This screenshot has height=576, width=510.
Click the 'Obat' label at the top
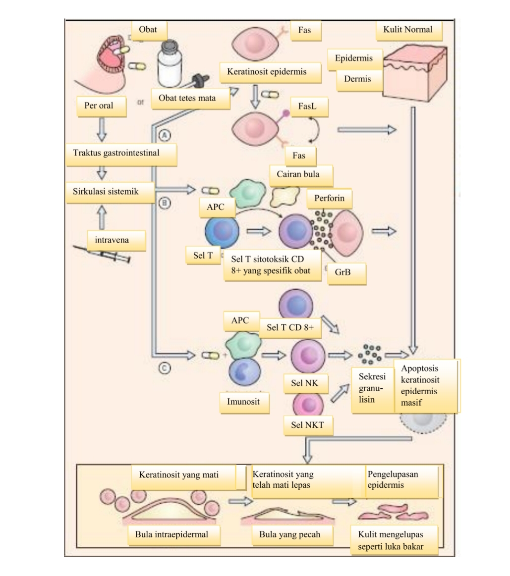(148, 30)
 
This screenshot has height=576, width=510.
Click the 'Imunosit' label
(243, 402)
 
